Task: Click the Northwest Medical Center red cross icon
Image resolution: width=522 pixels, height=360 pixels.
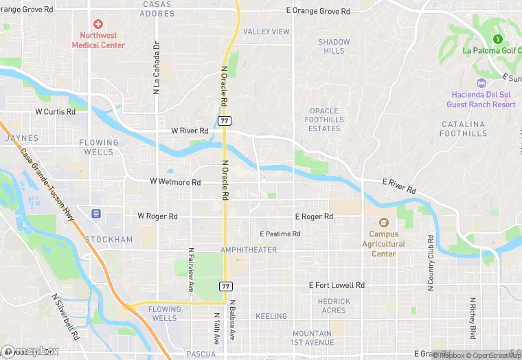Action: click(98, 23)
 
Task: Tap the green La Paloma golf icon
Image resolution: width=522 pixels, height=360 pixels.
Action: click(497, 38)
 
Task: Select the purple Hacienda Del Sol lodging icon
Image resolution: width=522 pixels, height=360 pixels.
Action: click(480, 82)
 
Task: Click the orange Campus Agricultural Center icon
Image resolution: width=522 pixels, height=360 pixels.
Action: click(383, 223)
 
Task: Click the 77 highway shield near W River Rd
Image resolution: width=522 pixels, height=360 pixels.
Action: click(225, 120)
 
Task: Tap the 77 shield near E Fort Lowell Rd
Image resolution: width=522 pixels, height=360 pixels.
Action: click(226, 285)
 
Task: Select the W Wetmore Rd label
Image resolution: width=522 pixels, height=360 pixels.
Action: click(175, 182)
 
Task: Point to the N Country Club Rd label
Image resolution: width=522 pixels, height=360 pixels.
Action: click(431, 263)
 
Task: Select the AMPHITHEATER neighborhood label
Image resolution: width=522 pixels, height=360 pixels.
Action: click(249, 250)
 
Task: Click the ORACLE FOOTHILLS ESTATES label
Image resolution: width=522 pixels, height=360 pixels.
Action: click(324, 120)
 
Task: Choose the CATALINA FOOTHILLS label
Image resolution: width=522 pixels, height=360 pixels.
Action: click(463, 129)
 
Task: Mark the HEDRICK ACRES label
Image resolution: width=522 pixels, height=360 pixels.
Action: click(333, 306)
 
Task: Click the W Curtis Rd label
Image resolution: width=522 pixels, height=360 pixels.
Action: click(56, 111)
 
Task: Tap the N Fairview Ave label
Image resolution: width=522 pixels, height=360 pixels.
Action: click(190, 267)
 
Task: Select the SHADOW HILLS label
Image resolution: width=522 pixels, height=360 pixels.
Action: click(334, 46)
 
